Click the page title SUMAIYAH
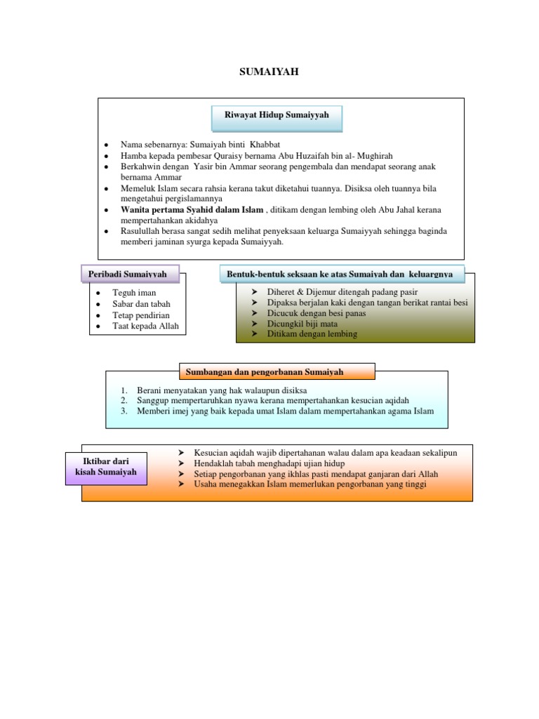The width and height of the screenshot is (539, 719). (x=269, y=71)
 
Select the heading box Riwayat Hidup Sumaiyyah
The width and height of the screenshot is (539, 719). (x=277, y=115)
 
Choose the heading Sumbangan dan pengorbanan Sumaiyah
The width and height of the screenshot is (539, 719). (x=276, y=371)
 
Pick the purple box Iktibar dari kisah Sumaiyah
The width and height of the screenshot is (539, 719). (x=106, y=467)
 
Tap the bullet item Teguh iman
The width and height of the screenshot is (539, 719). (x=134, y=293)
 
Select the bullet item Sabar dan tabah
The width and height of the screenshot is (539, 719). (x=141, y=304)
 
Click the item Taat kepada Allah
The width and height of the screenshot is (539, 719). (x=145, y=326)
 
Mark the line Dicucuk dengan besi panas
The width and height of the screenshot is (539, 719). (x=316, y=313)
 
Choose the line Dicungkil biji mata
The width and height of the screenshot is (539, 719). (x=302, y=324)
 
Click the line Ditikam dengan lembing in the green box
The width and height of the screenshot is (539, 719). (x=312, y=334)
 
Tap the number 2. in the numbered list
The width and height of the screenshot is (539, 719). (x=123, y=400)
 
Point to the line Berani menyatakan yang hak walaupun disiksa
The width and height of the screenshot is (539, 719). (x=222, y=390)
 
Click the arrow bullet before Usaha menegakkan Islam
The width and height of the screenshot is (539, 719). (x=181, y=484)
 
